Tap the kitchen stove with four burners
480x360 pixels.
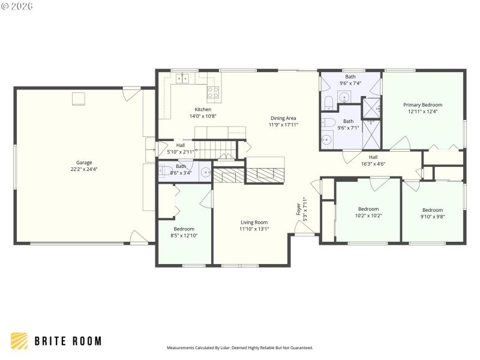pos(213,92)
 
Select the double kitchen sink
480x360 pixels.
pos(183,78)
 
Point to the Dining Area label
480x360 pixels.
pos(284,118)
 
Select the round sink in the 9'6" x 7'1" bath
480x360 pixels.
pos(326,140)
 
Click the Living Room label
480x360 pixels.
pos(254,222)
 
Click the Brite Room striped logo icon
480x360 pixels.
pos(19,341)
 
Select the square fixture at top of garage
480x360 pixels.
pos(79,99)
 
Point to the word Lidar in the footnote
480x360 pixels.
pos(227,347)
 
